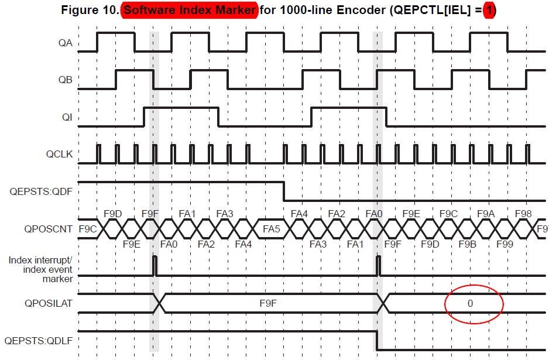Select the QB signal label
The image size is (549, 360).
[x=65, y=80]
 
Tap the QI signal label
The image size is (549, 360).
[x=67, y=117]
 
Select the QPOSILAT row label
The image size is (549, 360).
[x=49, y=303]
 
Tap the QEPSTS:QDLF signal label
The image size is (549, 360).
[x=38, y=340]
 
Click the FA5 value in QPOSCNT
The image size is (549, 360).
[x=272, y=229]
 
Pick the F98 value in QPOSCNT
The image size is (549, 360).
[x=523, y=214]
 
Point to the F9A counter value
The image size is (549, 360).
[x=486, y=214]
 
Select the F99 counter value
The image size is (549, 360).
[x=505, y=244]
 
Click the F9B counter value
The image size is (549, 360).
[x=467, y=244]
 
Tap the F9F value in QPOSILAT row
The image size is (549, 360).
[x=268, y=303]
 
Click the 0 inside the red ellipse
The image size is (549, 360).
[x=470, y=303]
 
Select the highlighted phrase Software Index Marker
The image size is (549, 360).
[x=189, y=11]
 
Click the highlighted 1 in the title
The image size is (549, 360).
[x=489, y=11]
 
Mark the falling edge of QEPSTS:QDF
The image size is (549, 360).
[x=284, y=190]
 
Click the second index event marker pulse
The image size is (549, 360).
[x=378, y=265]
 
